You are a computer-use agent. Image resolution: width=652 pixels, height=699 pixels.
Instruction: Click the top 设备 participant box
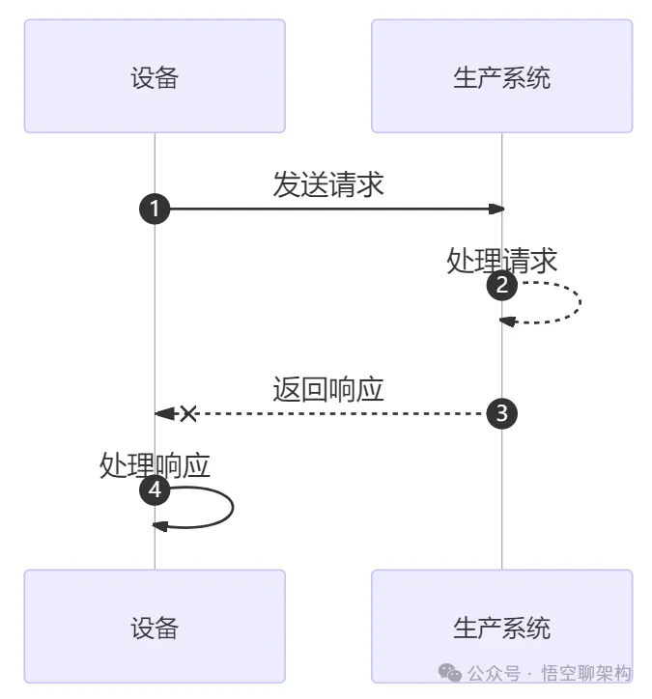155,76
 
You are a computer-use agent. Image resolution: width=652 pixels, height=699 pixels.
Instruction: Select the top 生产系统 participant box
501,76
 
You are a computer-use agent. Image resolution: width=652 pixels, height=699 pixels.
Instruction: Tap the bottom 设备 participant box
155,627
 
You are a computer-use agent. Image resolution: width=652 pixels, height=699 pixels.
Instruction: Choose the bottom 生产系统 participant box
501,627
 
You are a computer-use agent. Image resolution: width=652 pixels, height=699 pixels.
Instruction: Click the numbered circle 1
156,209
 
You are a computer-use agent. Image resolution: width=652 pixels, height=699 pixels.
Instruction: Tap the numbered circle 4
156,490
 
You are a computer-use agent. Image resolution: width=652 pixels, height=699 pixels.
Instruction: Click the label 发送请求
328,184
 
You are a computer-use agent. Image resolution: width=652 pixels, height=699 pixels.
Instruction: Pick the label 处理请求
502,260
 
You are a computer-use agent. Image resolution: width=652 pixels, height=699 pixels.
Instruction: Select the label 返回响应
328,389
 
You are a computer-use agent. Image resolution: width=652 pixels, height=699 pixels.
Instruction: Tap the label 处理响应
156,465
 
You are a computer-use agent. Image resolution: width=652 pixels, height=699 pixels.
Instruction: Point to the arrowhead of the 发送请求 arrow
496,209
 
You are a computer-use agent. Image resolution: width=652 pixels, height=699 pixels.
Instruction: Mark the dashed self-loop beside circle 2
579,302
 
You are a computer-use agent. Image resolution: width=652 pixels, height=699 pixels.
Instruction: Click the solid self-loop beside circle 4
232,507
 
